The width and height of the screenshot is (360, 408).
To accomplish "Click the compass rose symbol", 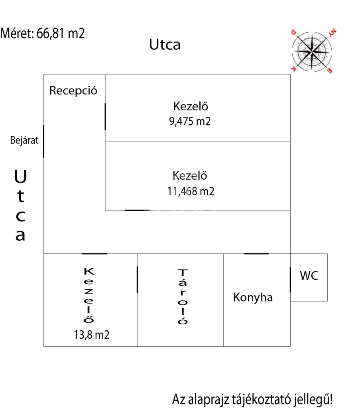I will coord(312,51).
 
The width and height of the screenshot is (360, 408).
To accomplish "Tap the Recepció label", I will coord(73,90).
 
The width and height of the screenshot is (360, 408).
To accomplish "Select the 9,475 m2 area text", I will coord(190,122).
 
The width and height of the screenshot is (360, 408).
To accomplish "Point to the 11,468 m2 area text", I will coord(191,191).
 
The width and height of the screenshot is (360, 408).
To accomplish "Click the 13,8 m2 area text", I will coord(91,335).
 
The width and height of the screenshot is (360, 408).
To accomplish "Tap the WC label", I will coord(309,276).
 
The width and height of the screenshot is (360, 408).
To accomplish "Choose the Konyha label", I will coord(253,297).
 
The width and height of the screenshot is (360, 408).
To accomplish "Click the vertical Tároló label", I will coord(182,297).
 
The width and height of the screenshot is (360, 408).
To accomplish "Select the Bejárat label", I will coord(24,140).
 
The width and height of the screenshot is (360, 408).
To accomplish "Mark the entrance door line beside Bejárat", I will coord(43,141).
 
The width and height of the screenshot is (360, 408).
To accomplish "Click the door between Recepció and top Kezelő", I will coord(105,116).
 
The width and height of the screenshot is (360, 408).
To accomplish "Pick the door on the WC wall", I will coord(290,280).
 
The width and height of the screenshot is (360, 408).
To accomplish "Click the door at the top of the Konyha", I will coord(256,253).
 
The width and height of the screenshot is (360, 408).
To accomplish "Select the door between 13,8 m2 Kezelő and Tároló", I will coord(137,280).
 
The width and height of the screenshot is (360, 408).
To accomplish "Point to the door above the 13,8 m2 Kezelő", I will coord(94,253).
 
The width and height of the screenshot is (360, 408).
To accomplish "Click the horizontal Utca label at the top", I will coord(165,44).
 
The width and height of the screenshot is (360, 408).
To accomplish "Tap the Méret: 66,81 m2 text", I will coord(43,33).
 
